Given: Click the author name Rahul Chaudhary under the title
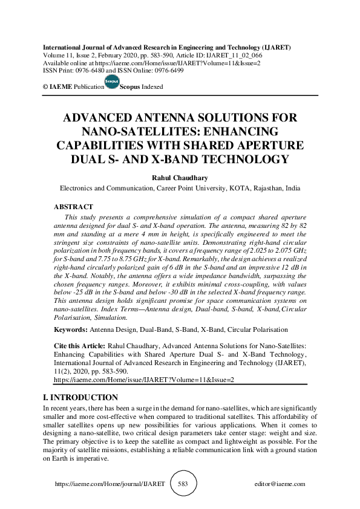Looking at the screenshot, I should click(x=180, y=178).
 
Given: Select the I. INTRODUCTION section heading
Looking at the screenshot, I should click(x=80, y=397).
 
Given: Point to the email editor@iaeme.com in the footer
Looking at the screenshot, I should click(x=280, y=484).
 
